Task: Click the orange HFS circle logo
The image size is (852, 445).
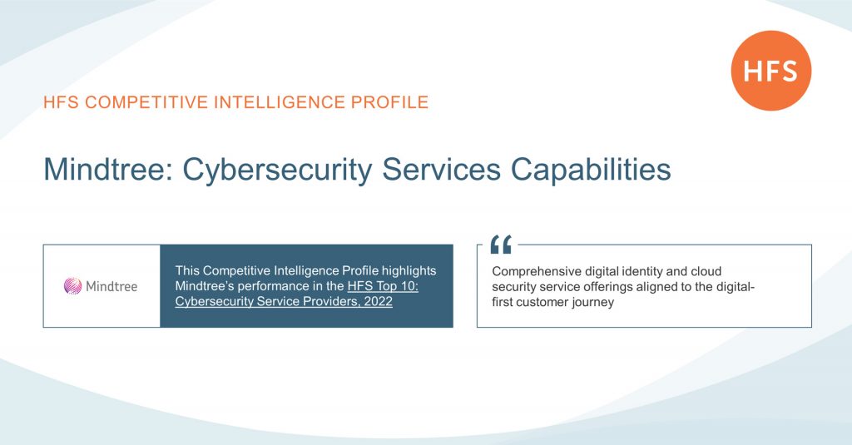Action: point(770,71)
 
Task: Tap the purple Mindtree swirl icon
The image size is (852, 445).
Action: point(73,286)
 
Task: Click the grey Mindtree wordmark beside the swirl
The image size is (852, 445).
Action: point(111,286)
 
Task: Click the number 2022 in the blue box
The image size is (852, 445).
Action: point(375,302)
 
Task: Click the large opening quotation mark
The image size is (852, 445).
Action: point(501,245)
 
